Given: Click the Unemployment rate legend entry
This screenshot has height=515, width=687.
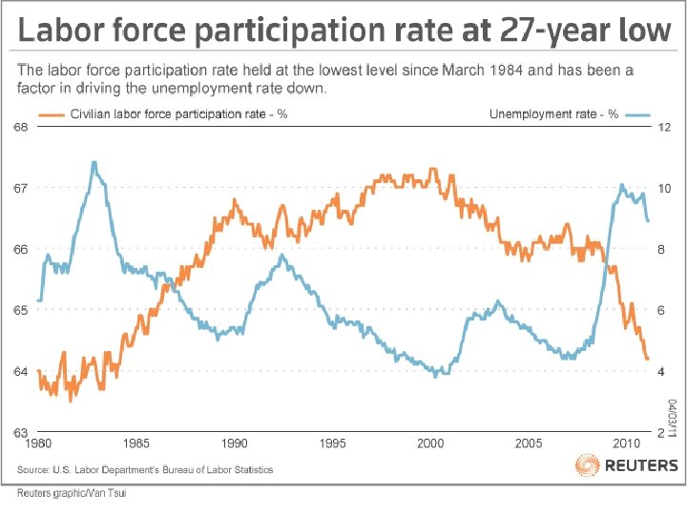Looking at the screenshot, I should (x=553, y=114).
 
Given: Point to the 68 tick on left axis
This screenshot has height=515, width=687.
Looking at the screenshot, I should (x=19, y=128).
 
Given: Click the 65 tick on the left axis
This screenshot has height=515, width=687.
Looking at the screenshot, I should (x=19, y=310).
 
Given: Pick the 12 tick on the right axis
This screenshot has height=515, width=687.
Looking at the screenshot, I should (x=665, y=128).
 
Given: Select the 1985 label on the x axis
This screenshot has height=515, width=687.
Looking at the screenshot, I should (x=136, y=443).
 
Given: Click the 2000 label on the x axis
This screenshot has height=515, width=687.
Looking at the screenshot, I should (x=431, y=443).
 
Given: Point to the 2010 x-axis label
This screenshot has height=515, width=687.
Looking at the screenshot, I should (x=626, y=443).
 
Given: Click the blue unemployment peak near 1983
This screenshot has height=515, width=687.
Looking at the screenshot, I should (x=94, y=162).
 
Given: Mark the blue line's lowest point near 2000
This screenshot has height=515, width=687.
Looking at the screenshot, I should (x=436, y=375).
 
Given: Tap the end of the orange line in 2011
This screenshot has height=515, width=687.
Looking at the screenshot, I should (x=647, y=359).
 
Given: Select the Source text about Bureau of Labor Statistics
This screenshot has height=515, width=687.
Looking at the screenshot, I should (x=146, y=469).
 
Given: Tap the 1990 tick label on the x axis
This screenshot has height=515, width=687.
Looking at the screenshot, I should (x=235, y=443).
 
